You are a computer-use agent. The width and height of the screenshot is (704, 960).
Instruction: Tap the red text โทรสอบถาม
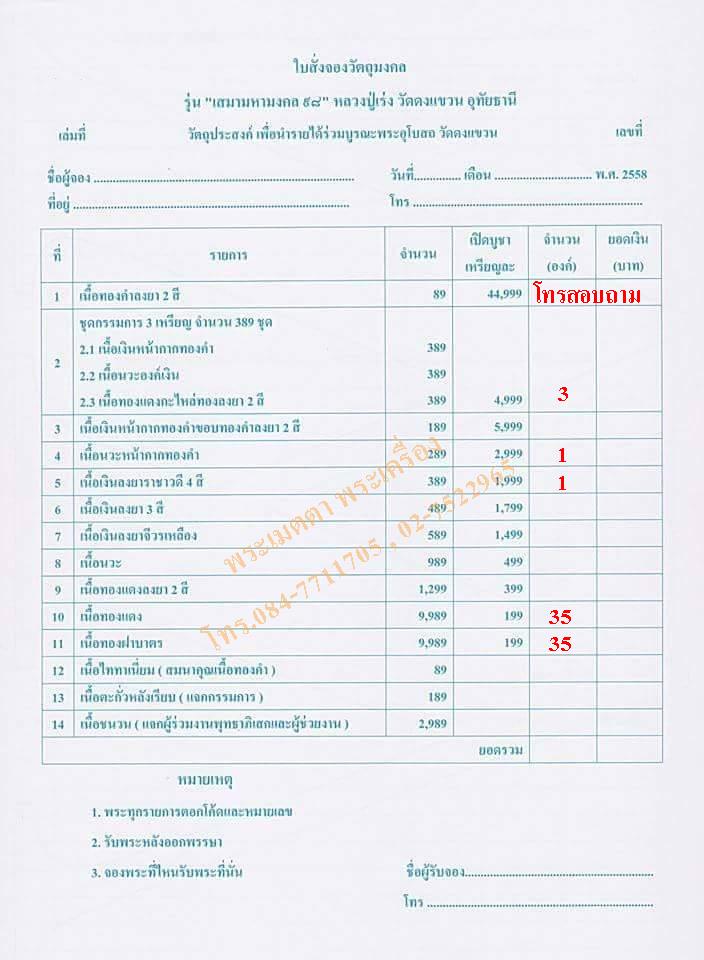(586, 294)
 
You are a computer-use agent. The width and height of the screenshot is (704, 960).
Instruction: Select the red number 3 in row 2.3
(563, 394)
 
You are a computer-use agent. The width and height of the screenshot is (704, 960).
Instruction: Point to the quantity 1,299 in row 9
(421, 588)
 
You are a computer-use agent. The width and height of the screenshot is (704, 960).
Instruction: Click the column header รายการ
(228, 255)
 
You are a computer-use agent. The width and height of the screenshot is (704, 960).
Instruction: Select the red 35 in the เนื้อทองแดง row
(560, 616)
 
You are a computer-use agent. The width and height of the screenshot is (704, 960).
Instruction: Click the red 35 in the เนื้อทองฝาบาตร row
(560, 643)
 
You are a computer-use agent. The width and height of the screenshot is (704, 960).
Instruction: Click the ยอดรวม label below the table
(498, 748)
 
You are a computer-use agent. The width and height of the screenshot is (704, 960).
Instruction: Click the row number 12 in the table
(57, 669)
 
